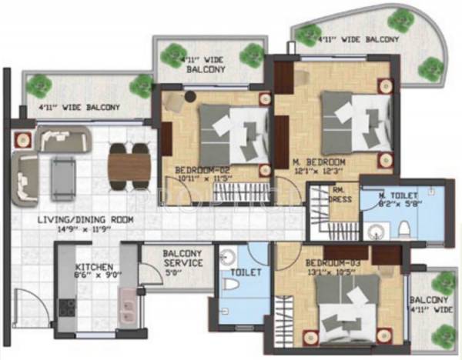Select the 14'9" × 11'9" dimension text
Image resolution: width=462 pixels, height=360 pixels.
tap(85, 228)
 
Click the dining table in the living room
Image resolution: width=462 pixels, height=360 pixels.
tap(129, 162)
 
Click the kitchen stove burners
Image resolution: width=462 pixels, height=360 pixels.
tap(67, 308)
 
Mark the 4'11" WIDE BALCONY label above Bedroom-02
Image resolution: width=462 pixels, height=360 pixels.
tap(203, 64)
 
